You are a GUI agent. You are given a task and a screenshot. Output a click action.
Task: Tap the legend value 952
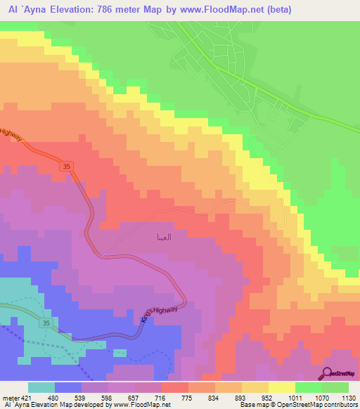pyautogui.click(x=256, y=398)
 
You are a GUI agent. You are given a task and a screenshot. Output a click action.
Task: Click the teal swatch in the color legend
pyautogui.click(x=41, y=387)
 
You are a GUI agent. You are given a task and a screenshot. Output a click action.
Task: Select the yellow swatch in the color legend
pyautogui.click(x=282, y=387)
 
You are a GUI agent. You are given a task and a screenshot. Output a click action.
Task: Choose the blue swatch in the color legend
pyautogui.click(x=69, y=387)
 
